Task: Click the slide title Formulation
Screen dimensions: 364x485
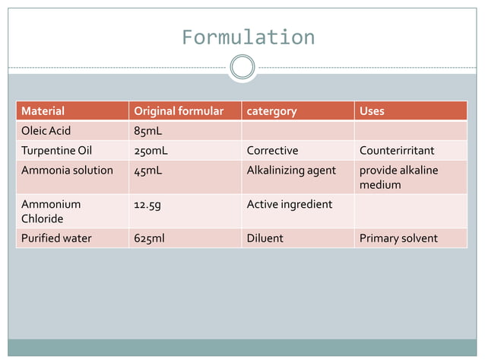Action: (x=248, y=37)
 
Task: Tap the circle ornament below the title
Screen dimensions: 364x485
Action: (x=242, y=67)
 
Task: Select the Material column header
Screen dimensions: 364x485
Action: (x=43, y=111)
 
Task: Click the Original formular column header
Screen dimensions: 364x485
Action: (x=179, y=111)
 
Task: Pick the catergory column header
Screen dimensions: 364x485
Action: (x=271, y=111)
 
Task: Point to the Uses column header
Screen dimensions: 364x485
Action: (x=372, y=111)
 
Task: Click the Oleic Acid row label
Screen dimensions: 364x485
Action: (x=46, y=130)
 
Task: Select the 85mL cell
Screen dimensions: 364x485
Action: (x=147, y=130)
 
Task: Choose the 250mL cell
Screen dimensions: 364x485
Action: (x=151, y=150)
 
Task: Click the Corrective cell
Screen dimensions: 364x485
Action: (x=272, y=150)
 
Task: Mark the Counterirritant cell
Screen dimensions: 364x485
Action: (x=397, y=150)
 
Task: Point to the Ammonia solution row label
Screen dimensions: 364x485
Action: (x=67, y=170)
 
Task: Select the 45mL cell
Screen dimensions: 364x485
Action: (x=147, y=170)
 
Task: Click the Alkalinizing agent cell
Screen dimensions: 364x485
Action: (x=291, y=170)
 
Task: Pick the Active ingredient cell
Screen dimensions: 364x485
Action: (x=290, y=204)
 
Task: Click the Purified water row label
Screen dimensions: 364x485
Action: (x=56, y=238)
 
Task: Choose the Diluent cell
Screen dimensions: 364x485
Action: (x=265, y=238)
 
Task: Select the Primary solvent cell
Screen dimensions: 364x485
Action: (x=398, y=238)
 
